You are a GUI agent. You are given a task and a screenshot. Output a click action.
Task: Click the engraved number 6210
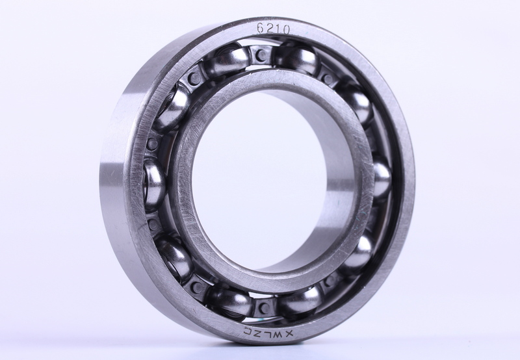[x=273, y=29]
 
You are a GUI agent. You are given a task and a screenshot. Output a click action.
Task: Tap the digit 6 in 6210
[x=261, y=28]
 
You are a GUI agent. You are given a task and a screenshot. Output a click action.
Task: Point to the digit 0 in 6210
[x=287, y=31]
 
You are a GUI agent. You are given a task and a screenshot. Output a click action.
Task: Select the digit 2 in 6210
[x=269, y=29]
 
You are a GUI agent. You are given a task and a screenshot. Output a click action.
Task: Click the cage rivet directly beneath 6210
[x=262, y=55]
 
